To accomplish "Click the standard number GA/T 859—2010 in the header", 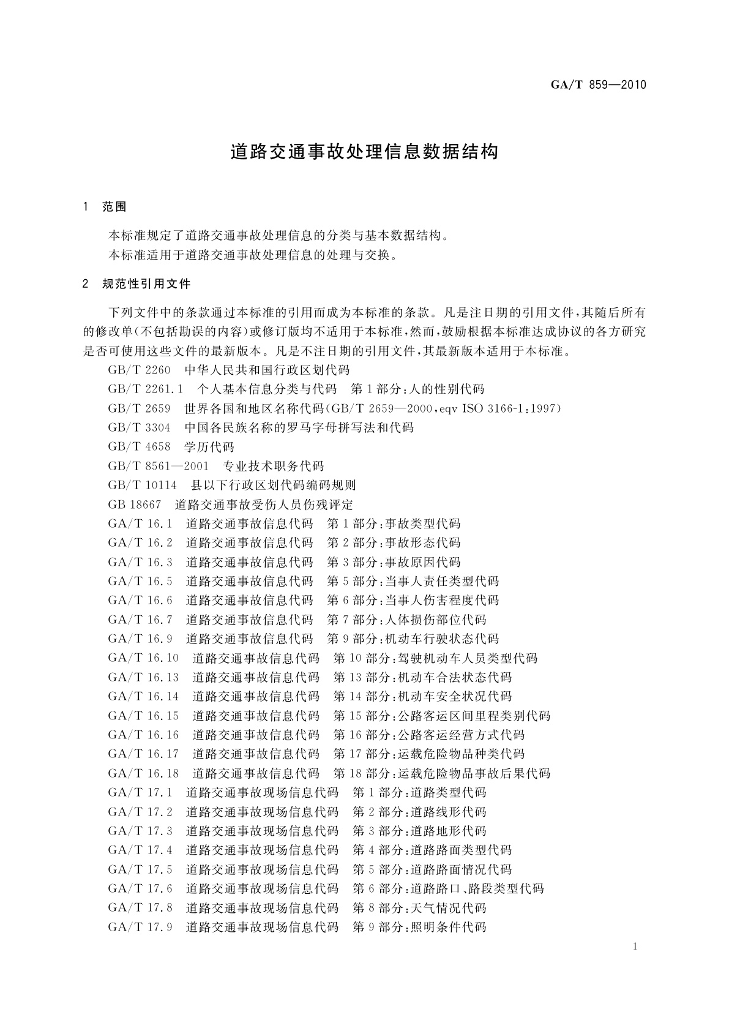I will pos(598,85).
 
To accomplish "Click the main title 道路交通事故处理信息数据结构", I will pos(364,152).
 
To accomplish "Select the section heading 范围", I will pos(114,207).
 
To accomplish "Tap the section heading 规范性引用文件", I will pos(146,284).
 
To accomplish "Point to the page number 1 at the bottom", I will pos(635,947).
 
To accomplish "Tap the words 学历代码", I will pos(209,447).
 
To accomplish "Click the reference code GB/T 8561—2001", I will pos(159,466).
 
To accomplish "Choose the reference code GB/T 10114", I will pos(142,486).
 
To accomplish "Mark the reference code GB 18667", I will pos(134,505).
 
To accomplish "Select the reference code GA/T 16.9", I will pos(140,639).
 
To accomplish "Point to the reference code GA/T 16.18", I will pos(143,773).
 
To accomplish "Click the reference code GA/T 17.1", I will pos(140,792).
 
